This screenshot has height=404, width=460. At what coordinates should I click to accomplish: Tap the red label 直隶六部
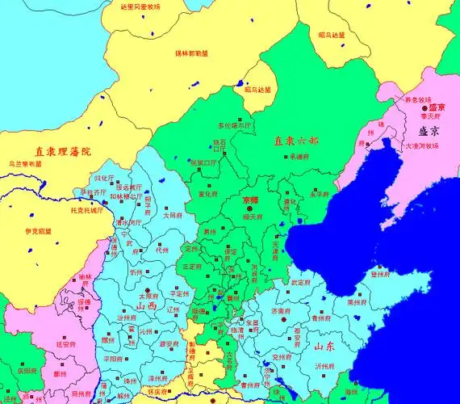tap(291, 140)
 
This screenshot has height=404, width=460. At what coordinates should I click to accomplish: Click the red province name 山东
tap(324, 347)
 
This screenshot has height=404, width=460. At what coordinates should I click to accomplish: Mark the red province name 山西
tap(148, 306)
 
